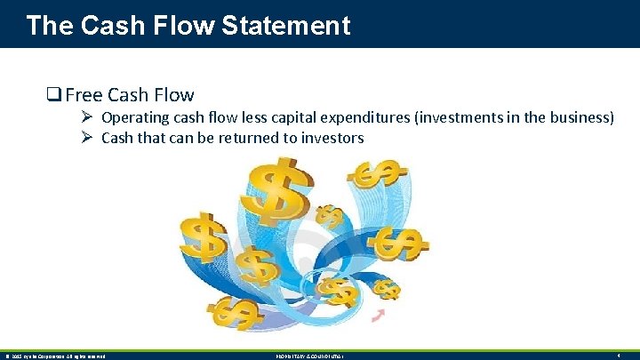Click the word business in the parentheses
(576, 118)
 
